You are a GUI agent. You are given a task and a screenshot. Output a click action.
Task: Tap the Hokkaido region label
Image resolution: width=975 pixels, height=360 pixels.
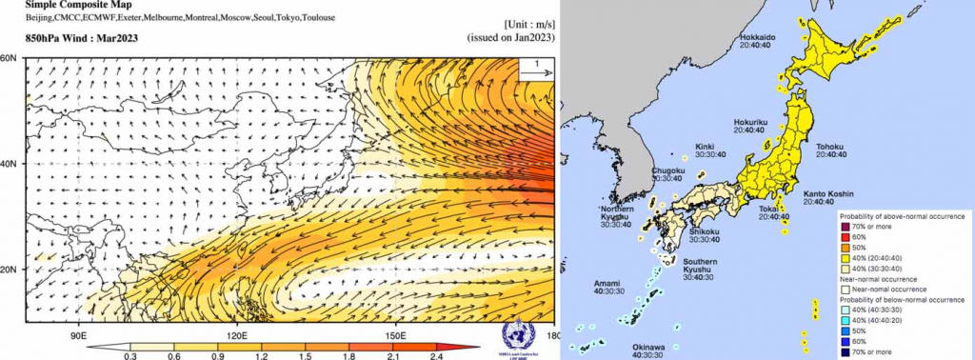click(758, 37)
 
